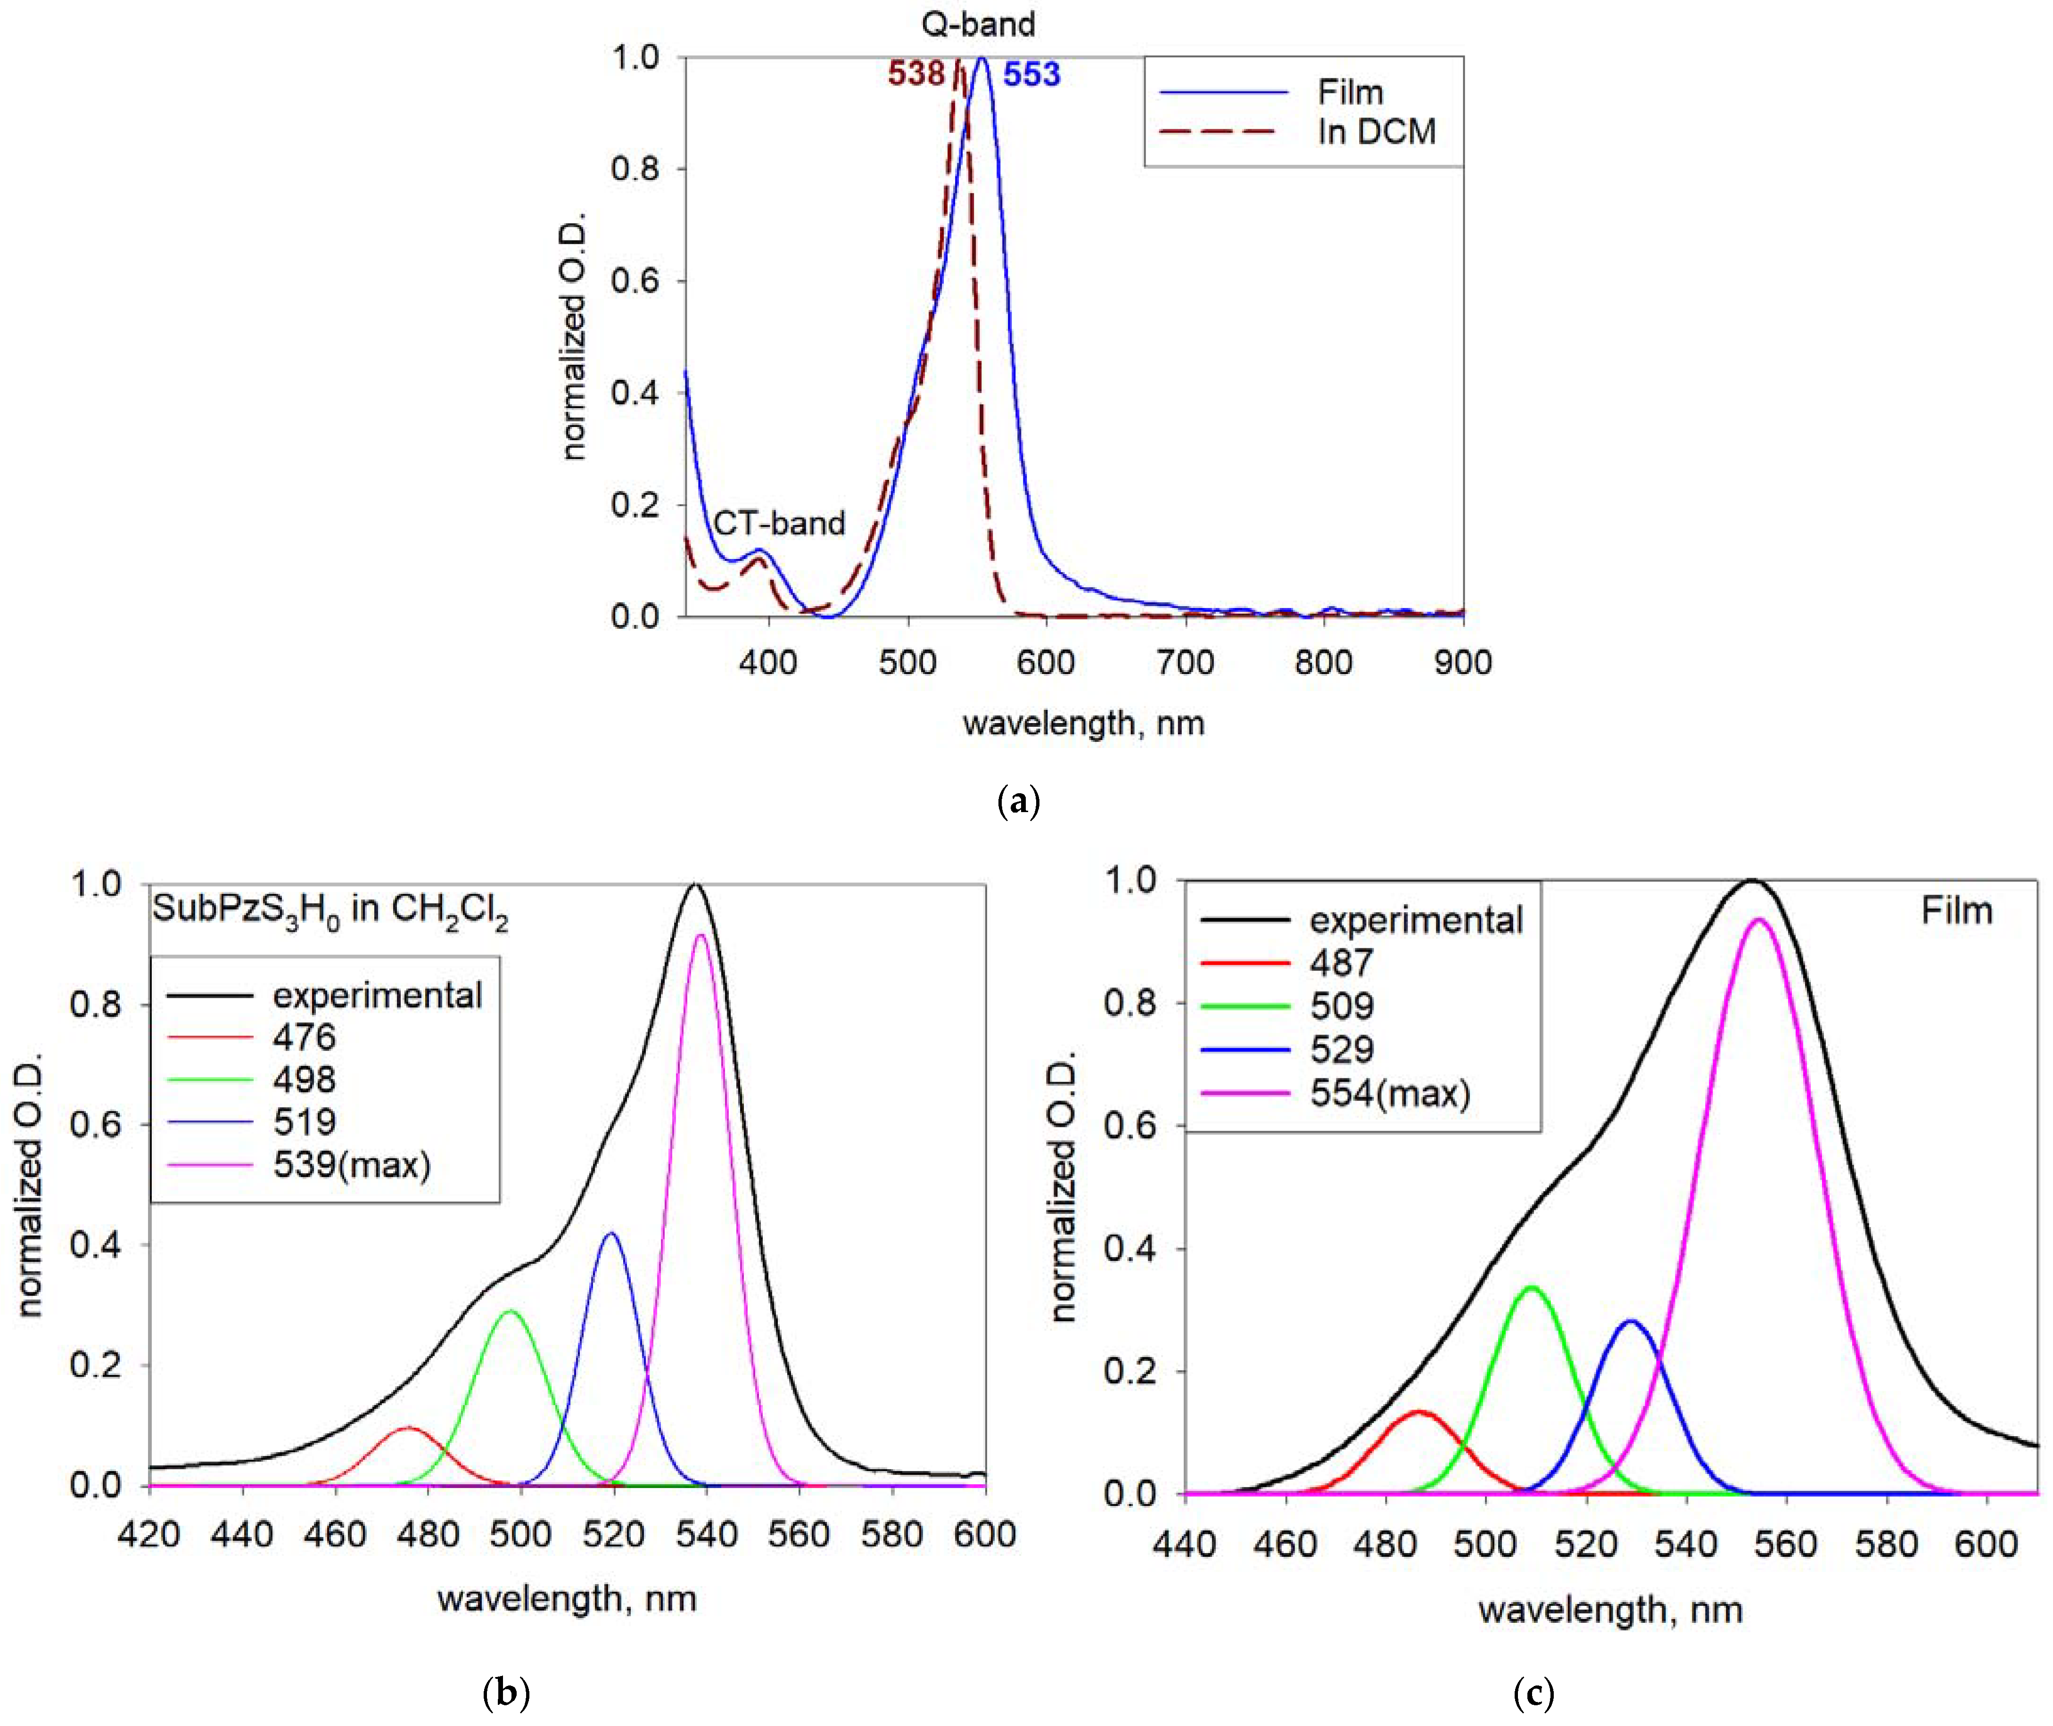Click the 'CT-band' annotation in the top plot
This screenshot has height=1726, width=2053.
tap(779, 524)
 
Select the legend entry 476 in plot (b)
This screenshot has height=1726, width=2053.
tap(305, 1036)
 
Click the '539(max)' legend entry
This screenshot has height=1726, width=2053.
tap(351, 1164)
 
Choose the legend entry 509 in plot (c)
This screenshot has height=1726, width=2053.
tap(1342, 1006)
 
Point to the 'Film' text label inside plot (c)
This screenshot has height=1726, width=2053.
tap(1956, 911)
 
